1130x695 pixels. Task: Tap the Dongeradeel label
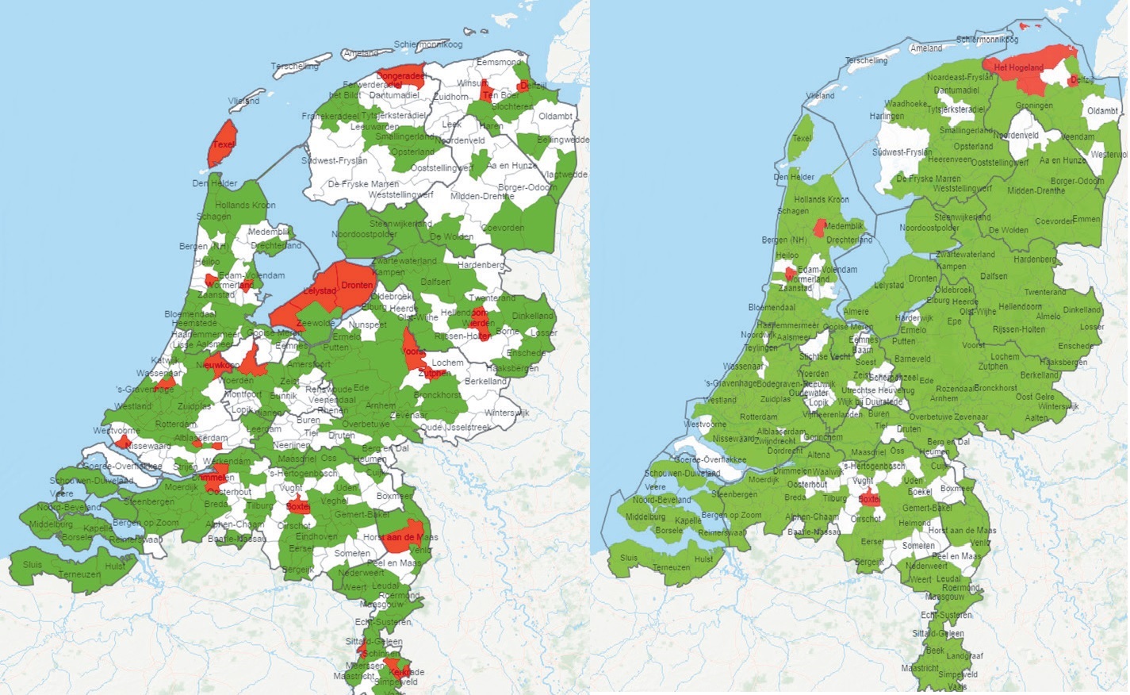[x=400, y=76]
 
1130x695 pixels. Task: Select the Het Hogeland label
[x=1019, y=67]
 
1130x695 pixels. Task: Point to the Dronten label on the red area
[x=357, y=285]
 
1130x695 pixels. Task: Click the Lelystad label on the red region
[x=320, y=291]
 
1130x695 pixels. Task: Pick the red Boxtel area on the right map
[x=869, y=499]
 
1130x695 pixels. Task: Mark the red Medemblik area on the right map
[x=820, y=228]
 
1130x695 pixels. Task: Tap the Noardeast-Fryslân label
[x=960, y=78]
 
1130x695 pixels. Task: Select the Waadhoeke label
[x=906, y=104]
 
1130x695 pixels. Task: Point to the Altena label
[x=818, y=455]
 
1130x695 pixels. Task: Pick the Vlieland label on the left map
[x=243, y=101]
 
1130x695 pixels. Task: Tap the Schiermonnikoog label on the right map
[x=987, y=39]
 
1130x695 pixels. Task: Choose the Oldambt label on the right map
[x=1102, y=111]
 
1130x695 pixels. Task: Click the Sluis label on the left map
[x=33, y=565]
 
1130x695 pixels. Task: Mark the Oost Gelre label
[x=1035, y=397]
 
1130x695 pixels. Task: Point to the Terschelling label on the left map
[x=295, y=67]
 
